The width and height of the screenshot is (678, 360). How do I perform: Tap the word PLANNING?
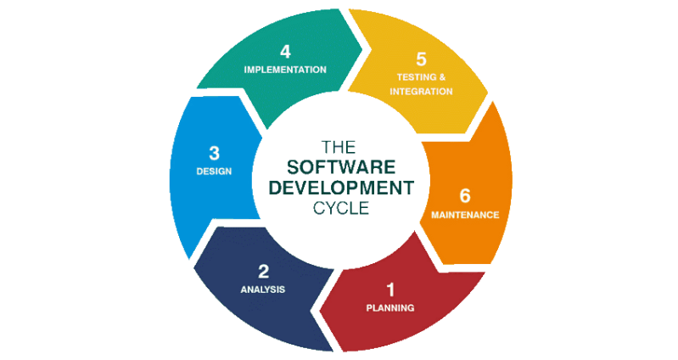pos(390,307)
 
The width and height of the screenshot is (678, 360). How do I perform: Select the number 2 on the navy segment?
pos(263,272)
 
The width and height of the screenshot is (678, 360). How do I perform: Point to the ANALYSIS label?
pos(263,290)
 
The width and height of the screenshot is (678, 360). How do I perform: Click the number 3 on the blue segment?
pos(214,153)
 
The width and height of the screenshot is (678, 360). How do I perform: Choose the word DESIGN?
pos(213,171)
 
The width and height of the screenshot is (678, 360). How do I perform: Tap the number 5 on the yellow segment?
pos(421,59)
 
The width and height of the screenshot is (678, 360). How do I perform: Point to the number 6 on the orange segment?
pos(464,195)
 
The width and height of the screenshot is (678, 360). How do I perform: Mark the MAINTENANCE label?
pos(464,215)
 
